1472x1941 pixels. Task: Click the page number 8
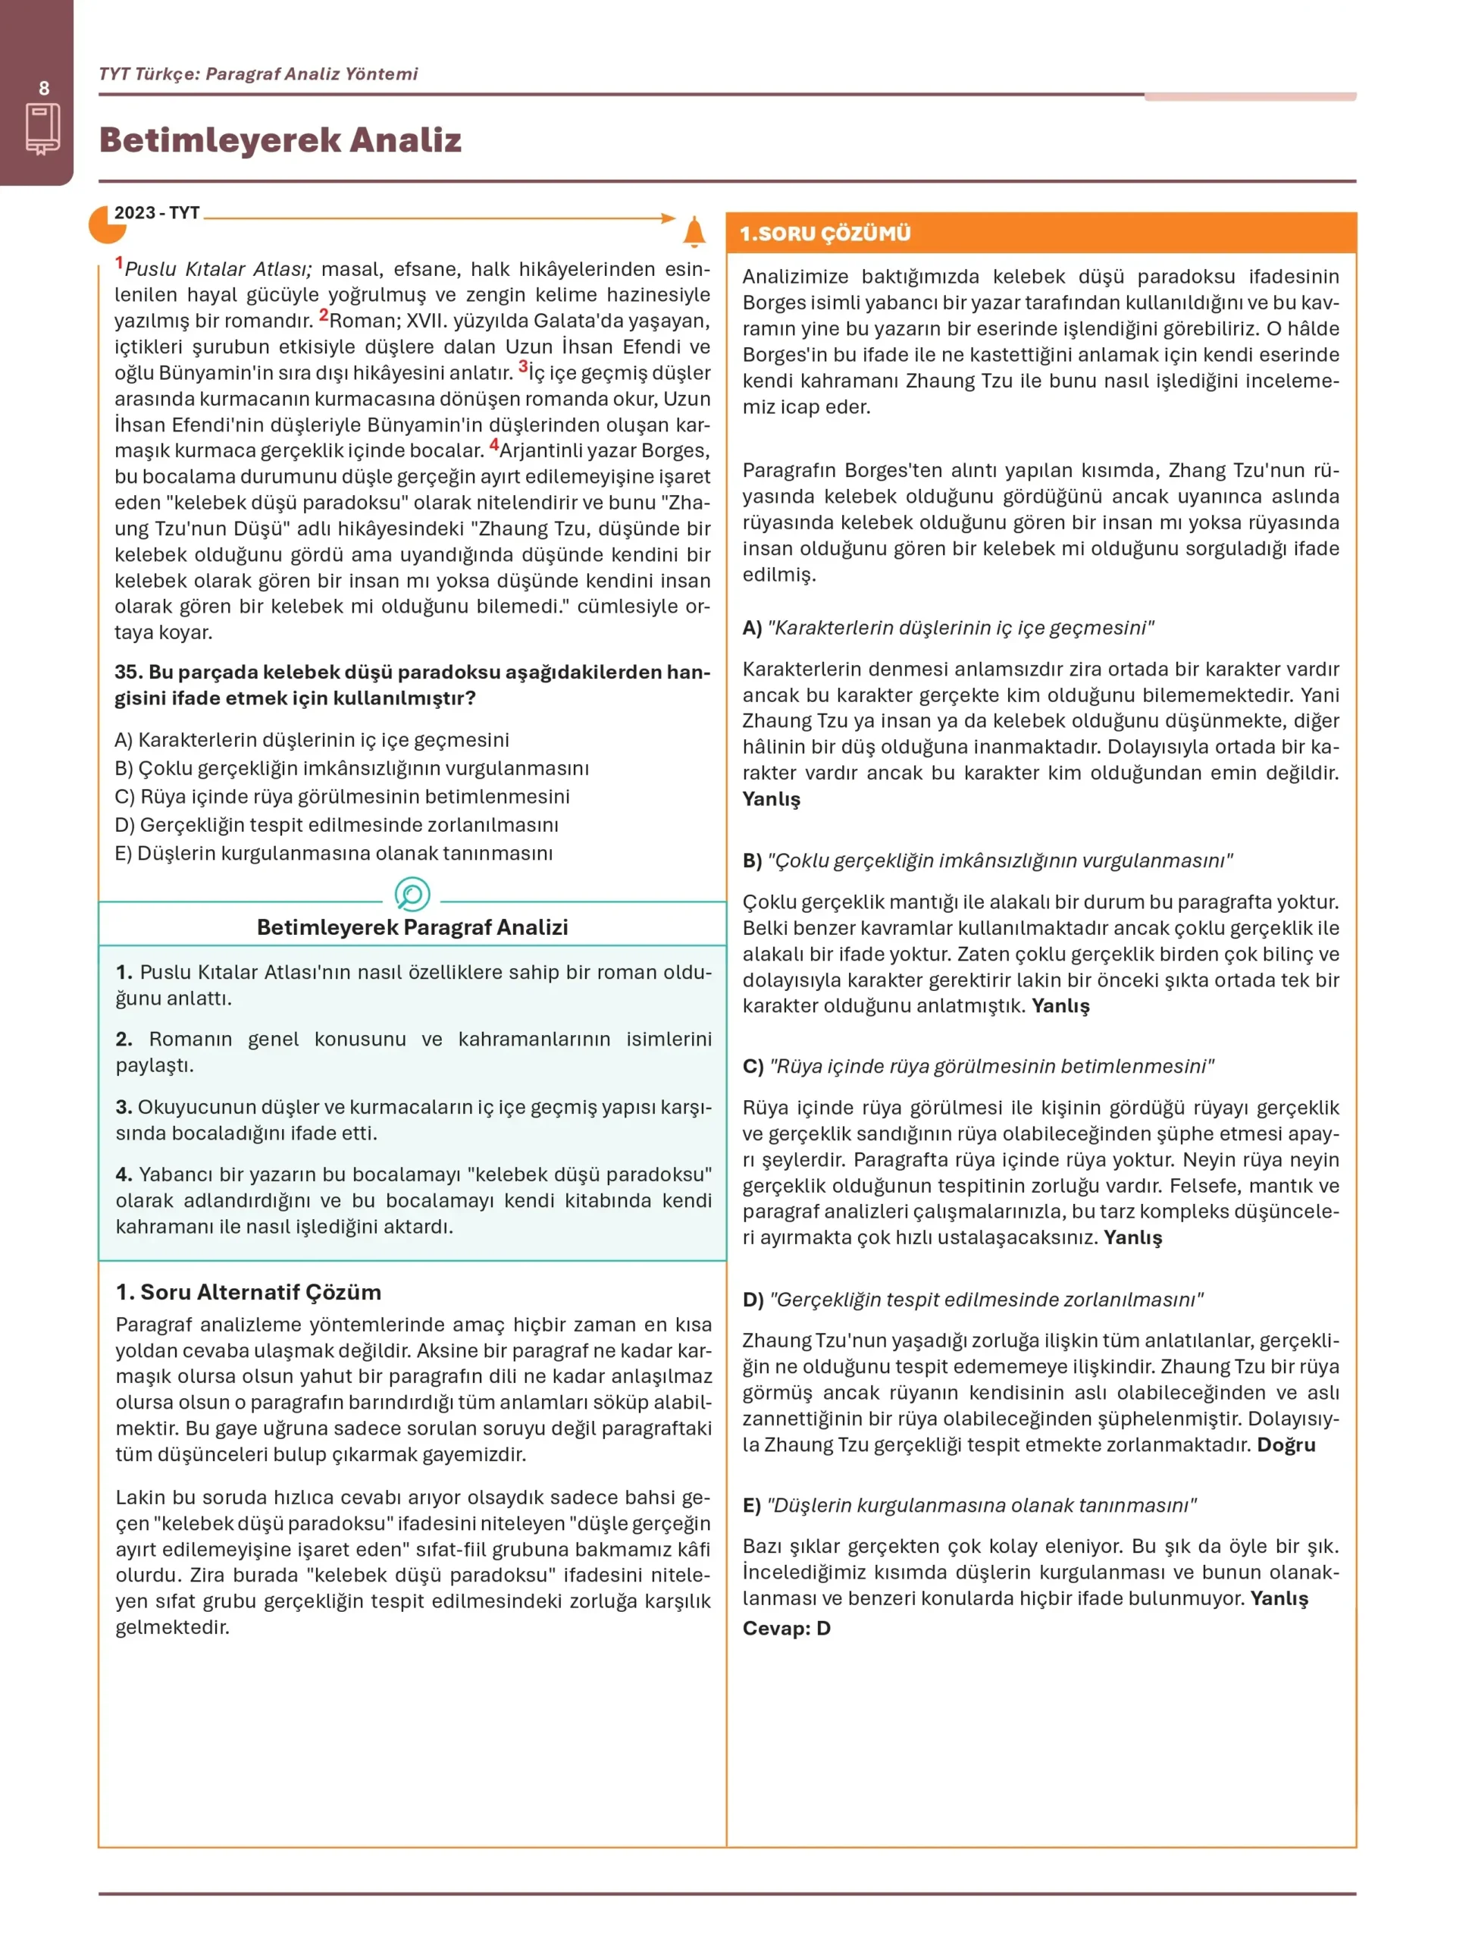click(44, 89)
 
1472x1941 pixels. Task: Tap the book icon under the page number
click(43, 129)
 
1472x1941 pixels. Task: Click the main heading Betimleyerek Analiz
click(280, 140)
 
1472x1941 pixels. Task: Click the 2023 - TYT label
click(157, 213)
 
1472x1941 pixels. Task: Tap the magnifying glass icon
click(412, 894)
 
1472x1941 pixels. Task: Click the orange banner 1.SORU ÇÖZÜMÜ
click(825, 234)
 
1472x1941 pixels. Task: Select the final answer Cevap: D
click(786, 1628)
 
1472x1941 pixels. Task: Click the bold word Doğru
click(1286, 1444)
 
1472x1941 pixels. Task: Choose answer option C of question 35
click(342, 797)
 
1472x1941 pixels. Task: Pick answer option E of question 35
click(334, 853)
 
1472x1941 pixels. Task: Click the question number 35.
click(128, 673)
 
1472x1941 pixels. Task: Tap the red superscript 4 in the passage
click(494, 445)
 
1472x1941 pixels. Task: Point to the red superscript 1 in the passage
click(119, 262)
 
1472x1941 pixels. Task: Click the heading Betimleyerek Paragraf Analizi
click(412, 927)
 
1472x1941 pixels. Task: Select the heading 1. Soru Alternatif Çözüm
click(249, 1292)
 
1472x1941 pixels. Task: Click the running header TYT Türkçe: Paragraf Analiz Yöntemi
click(258, 74)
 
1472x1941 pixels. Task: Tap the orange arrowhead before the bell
click(669, 218)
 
